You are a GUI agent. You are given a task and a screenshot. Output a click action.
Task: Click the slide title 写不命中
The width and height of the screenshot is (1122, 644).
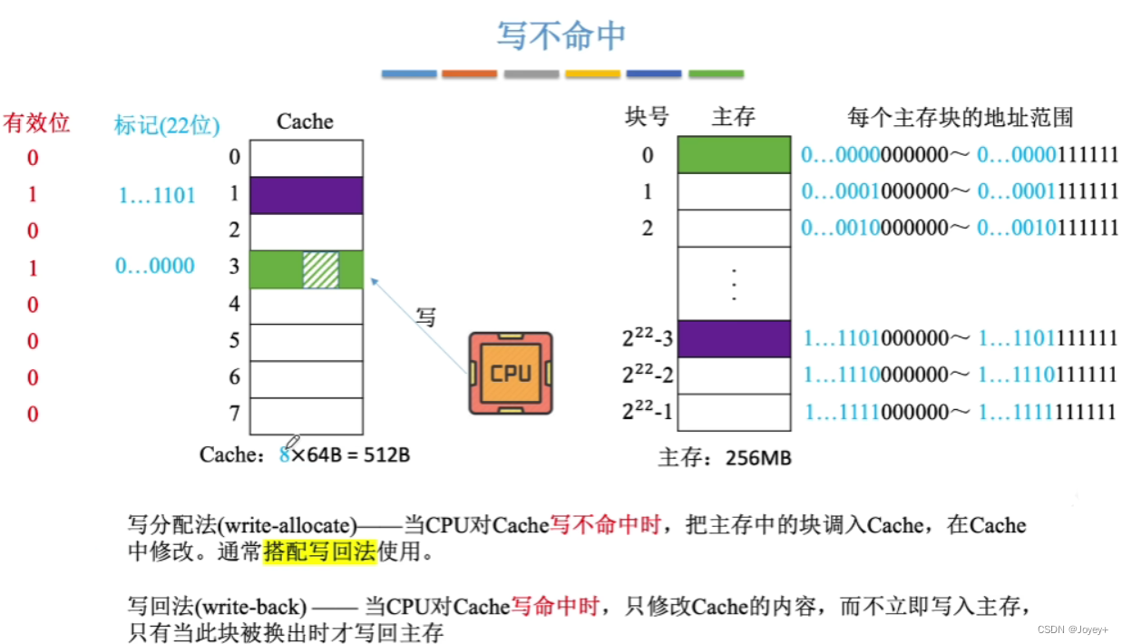coord(561,35)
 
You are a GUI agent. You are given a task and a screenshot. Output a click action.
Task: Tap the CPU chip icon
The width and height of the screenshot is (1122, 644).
coord(511,374)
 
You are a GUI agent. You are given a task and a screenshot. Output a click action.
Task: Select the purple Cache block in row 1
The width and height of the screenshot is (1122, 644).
coord(306,195)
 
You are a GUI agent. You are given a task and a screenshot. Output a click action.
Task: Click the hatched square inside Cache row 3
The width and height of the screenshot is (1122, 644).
coord(320,269)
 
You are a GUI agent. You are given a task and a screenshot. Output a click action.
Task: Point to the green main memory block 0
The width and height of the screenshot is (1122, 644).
coord(734,154)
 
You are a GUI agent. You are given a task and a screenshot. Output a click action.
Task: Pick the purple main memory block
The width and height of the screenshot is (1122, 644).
coord(734,338)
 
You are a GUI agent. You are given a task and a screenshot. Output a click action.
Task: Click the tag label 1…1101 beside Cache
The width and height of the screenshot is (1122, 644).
coord(156,195)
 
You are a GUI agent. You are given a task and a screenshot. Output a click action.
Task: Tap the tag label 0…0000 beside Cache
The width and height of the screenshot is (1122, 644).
coord(154,266)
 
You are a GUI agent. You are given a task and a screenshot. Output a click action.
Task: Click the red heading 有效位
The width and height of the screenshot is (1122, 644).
coord(36,122)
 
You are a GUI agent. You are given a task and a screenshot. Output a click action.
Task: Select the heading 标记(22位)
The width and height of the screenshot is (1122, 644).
coord(167,125)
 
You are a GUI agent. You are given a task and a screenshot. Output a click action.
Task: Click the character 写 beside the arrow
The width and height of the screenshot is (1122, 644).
coord(425,317)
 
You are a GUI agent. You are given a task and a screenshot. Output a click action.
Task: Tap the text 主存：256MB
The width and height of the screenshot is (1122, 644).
coord(724,458)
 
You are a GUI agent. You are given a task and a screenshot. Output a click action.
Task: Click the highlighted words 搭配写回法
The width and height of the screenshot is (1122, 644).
coord(319,551)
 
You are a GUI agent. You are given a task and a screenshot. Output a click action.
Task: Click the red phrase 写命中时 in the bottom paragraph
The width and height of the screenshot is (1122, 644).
coord(555,606)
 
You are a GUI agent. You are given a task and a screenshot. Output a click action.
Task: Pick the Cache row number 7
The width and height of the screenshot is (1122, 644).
coord(235,414)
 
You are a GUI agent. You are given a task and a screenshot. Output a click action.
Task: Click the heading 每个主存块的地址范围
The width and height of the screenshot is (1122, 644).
coord(961,117)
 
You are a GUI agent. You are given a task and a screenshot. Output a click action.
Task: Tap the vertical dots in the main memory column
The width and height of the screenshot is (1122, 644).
coord(734,283)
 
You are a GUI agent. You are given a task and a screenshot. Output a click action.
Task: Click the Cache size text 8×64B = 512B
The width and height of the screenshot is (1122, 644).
coord(345,454)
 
